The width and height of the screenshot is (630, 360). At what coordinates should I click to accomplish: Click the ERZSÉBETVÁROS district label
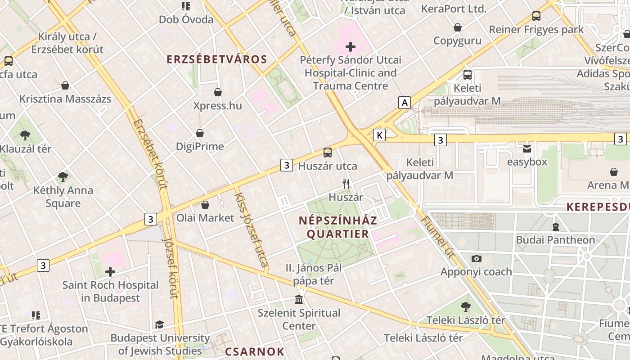point(217,59)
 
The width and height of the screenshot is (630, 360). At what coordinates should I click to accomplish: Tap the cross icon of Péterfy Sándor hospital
point(351,46)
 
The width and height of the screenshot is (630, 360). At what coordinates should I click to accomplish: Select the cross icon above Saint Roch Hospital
point(110,272)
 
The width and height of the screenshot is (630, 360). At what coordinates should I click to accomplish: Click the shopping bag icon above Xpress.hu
point(218,92)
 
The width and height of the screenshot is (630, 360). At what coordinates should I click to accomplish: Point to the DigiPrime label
point(200,146)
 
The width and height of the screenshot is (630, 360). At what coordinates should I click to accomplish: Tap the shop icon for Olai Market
point(205,205)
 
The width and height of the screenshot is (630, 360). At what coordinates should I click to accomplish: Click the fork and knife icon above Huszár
point(346,184)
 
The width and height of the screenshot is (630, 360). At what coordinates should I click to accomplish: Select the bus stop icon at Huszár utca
point(328,153)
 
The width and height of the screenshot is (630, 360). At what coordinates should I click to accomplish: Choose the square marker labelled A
point(405,103)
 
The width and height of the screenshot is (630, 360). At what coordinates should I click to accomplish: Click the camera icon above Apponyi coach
point(476,258)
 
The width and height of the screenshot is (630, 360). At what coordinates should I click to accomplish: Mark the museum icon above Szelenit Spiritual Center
point(298,299)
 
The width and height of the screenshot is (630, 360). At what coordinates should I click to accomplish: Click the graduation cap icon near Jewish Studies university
point(159,324)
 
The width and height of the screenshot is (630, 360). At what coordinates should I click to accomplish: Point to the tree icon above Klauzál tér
point(25,135)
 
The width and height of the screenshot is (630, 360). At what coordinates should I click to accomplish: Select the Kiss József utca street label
point(252,227)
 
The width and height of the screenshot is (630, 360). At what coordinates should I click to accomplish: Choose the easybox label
point(527,162)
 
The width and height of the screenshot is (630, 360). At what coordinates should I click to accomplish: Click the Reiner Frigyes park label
point(536,30)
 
